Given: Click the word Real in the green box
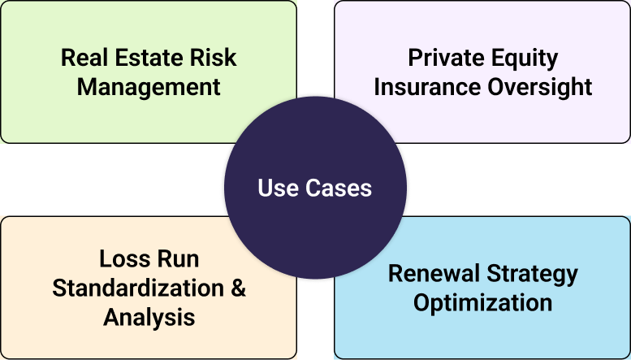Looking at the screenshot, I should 84,59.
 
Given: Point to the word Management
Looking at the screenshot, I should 149,86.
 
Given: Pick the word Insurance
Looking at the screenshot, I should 426,86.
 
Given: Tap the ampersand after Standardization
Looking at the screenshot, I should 237,288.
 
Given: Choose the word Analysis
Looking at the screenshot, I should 149,316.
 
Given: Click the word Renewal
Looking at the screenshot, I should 435,274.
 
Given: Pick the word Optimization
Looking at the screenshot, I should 482,302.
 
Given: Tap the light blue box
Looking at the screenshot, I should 568,333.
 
